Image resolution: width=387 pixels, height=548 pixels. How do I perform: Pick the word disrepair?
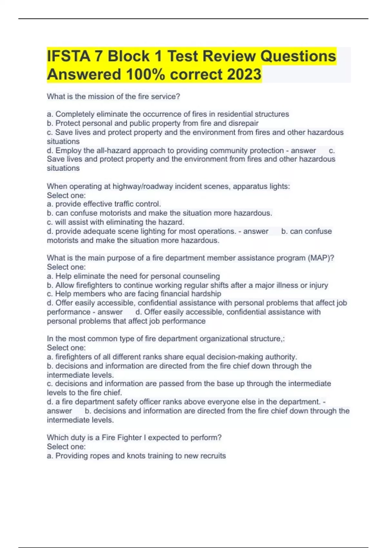click(243, 123)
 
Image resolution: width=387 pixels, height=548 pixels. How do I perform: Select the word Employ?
click(68, 151)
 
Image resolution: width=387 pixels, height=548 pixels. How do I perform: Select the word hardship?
click(206, 294)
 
